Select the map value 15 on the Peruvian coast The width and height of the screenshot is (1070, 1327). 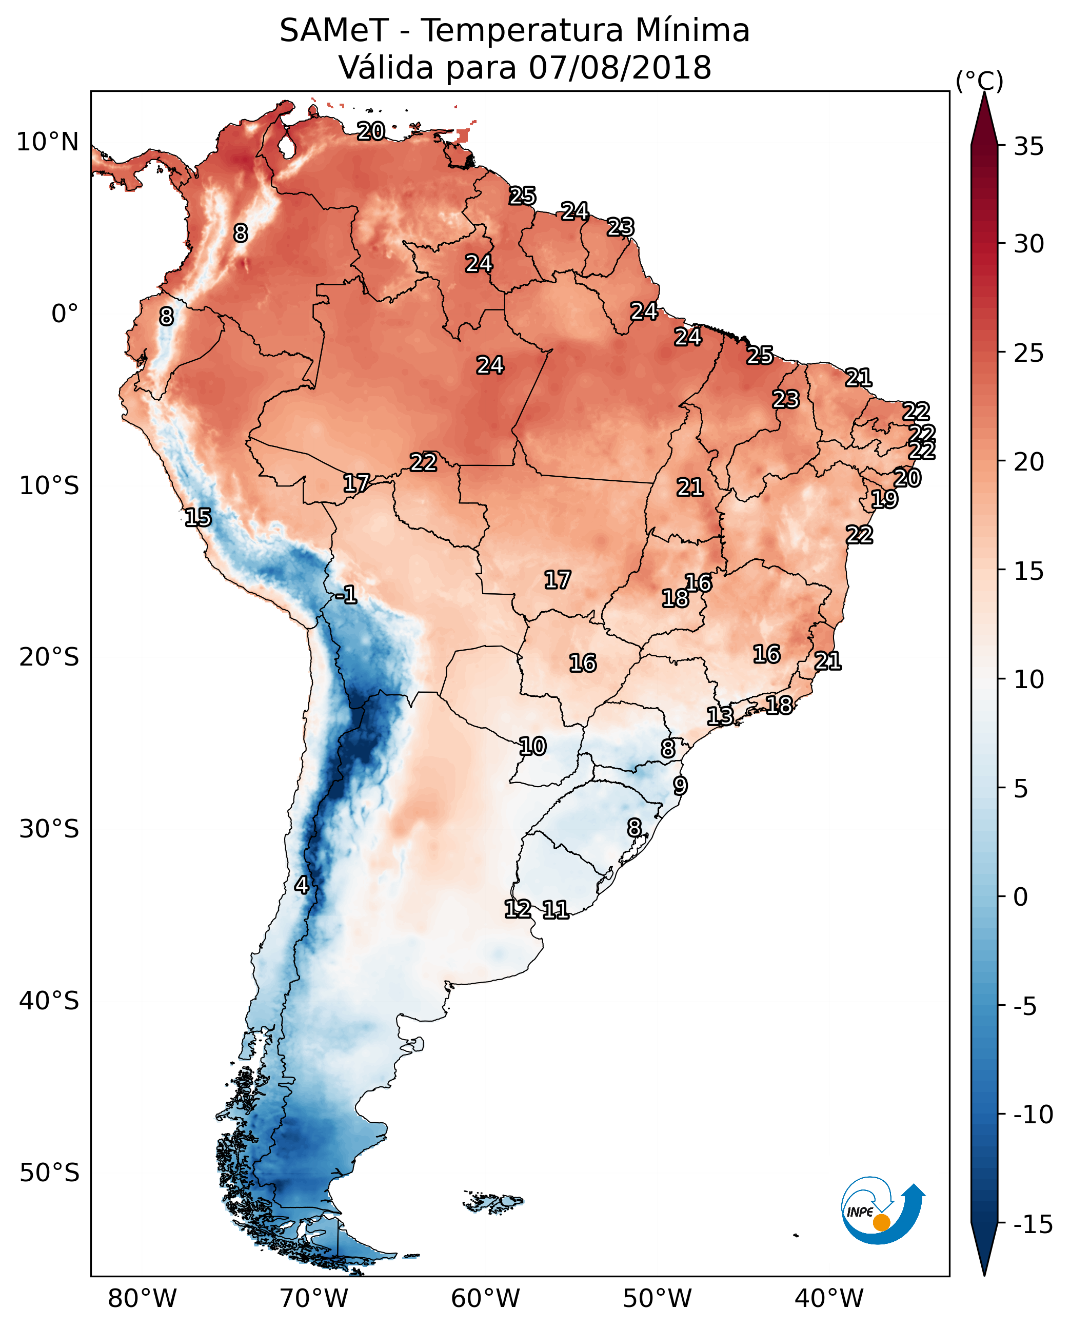[198, 517]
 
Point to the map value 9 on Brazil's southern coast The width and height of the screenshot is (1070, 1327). [680, 786]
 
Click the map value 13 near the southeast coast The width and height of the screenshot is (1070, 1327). [720, 716]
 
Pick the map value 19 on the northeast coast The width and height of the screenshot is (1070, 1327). [884, 499]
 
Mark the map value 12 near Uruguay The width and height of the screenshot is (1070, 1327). [518, 909]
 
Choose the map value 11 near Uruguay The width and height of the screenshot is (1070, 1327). [556, 909]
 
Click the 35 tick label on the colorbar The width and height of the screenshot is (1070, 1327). [1028, 147]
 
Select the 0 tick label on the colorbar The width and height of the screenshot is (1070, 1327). [1021, 896]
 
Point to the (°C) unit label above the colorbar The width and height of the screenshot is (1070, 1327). [979, 81]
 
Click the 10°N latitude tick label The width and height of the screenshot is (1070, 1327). [48, 143]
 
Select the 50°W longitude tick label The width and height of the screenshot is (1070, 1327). [657, 1298]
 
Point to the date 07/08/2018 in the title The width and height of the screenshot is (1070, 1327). [620, 68]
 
